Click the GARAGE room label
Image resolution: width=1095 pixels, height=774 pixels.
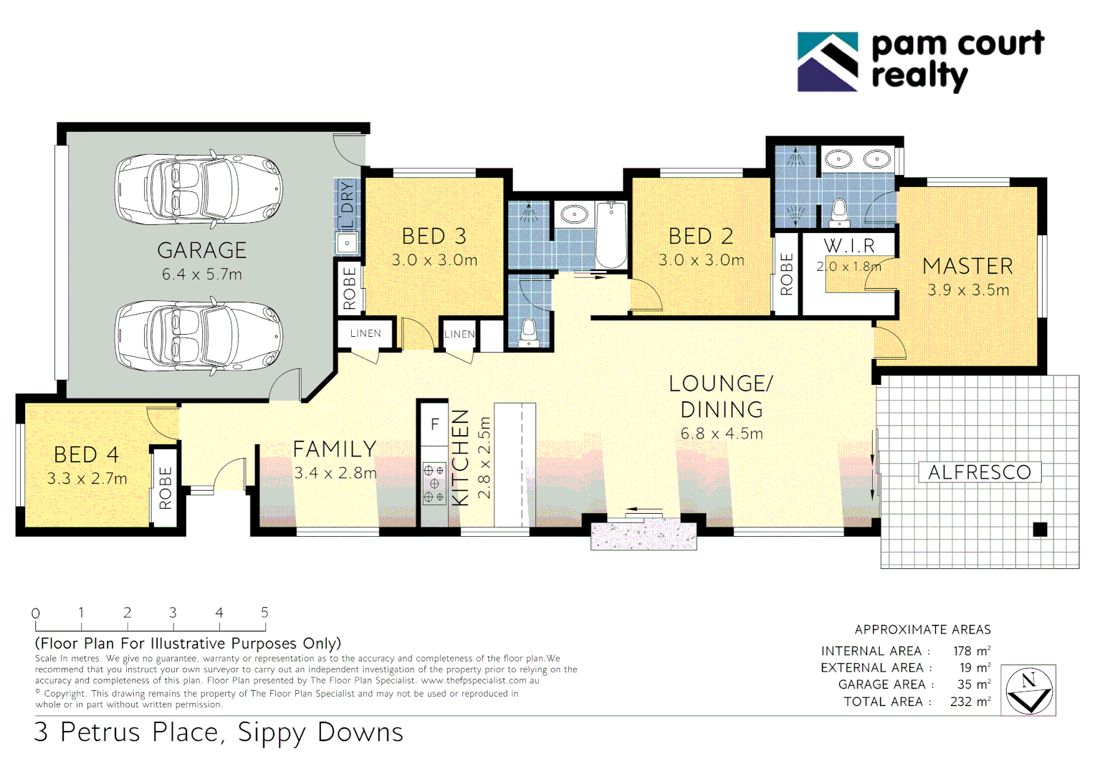(201, 250)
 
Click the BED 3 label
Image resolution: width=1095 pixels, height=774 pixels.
(434, 236)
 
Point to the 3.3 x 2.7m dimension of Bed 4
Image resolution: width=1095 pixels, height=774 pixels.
(87, 479)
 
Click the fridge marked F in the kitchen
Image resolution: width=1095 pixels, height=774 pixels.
(434, 425)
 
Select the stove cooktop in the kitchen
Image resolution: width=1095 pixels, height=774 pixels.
(434, 484)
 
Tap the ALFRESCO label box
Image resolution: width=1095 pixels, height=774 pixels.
(979, 472)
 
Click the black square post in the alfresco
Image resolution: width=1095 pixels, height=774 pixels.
(1040, 530)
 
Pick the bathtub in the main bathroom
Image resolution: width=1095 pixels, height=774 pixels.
(611, 234)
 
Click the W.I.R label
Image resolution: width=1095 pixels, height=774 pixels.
(849, 246)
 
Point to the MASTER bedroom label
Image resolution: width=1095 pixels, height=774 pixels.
(967, 266)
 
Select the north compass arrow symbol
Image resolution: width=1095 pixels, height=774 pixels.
(1029, 691)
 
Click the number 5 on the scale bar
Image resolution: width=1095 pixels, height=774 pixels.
(264, 613)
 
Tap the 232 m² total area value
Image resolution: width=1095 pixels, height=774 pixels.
(970, 702)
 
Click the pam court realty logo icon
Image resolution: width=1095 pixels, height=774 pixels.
(828, 62)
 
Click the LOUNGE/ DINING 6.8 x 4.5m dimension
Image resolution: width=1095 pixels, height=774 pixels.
(721, 434)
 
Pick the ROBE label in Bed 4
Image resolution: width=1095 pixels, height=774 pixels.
(166, 488)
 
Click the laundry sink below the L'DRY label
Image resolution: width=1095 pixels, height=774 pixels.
(348, 243)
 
